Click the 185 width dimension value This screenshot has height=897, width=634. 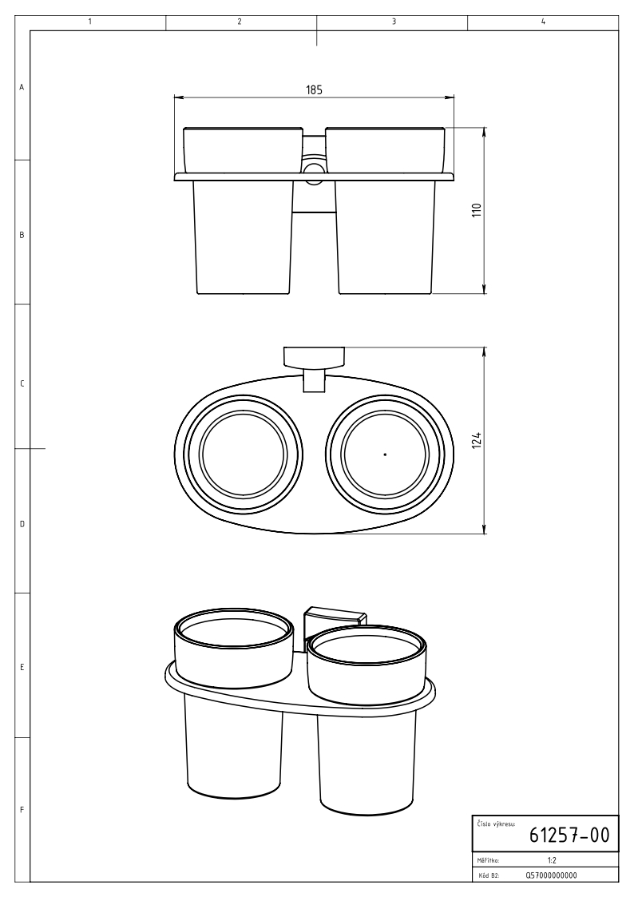pos(314,89)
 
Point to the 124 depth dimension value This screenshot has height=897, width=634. pos(477,440)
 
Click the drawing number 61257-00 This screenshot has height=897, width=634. pos(569,835)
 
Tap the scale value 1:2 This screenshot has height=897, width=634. pos(552,859)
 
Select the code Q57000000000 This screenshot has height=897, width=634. pos(551,875)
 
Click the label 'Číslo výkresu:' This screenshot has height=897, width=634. pos(496,824)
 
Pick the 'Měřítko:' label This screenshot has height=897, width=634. pos(488,859)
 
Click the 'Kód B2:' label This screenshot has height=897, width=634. pos(488,875)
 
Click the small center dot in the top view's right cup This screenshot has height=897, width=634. pos(386,454)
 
